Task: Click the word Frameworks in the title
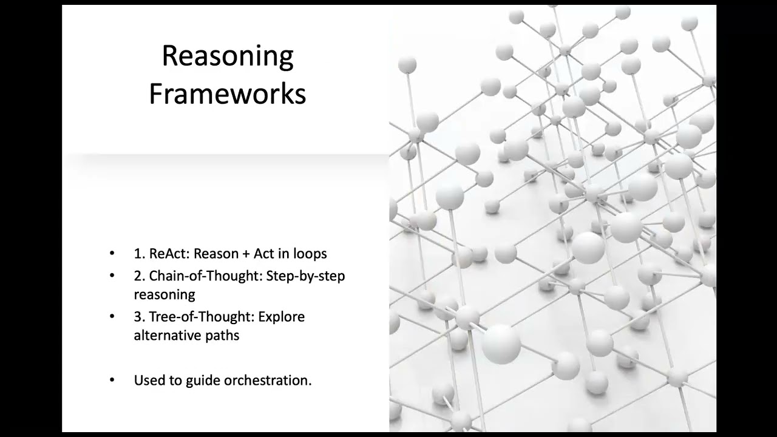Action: (x=228, y=94)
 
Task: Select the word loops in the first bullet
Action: (x=310, y=254)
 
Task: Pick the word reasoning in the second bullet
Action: (x=165, y=295)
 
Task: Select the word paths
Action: (x=222, y=335)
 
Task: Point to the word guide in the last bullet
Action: (x=203, y=381)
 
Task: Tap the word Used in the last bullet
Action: (x=149, y=381)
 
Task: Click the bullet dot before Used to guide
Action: (x=112, y=381)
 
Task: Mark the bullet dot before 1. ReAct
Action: (x=112, y=254)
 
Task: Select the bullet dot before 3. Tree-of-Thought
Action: (x=112, y=316)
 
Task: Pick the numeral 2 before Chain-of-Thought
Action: (x=137, y=276)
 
